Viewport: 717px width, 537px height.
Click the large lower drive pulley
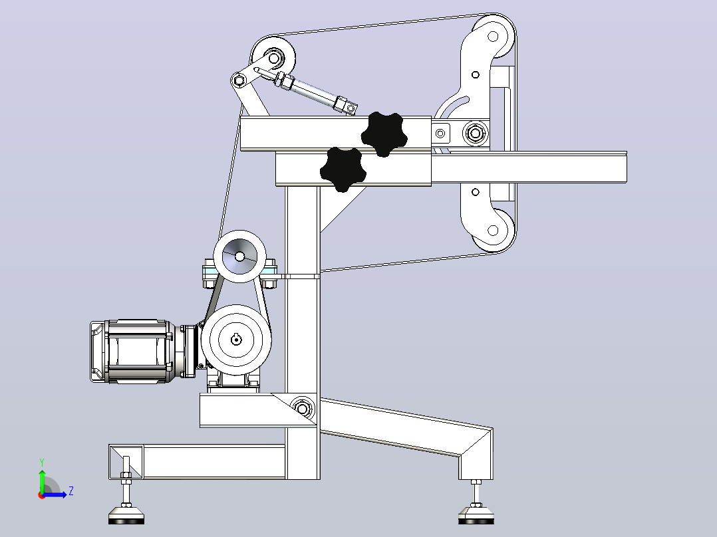coord(236,340)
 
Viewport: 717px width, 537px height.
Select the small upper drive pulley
coord(239,257)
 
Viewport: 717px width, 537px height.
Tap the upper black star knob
coord(384,134)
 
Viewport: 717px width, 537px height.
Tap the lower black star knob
coord(343,169)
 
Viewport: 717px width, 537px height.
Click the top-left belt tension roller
coord(273,58)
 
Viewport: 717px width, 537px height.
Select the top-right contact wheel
coord(493,37)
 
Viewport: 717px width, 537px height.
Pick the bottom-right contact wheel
coord(493,231)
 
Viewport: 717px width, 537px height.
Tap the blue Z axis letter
coord(71,491)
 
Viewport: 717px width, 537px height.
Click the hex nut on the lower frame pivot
coord(302,406)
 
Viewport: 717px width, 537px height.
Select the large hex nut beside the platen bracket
coord(476,134)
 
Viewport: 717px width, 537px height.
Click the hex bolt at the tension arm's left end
coord(239,81)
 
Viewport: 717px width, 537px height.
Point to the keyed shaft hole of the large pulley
coord(236,340)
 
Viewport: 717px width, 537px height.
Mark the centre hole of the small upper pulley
coord(239,257)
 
